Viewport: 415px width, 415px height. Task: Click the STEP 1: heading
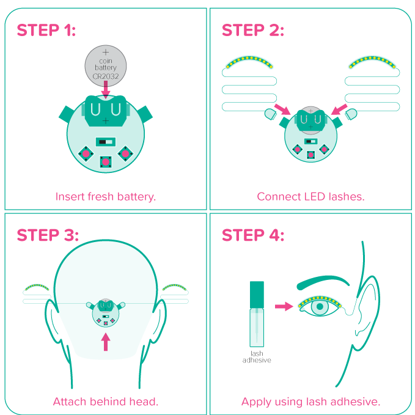pyautogui.click(x=46, y=30)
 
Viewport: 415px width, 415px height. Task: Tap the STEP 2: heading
pyautogui.click(x=253, y=30)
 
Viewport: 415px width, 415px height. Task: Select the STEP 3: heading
pyautogui.click(x=48, y=235)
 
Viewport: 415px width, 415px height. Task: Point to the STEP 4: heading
pyautogui.click(x=253, y=235)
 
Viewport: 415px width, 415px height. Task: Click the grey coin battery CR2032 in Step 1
pyautogui.click(x=106, y=66)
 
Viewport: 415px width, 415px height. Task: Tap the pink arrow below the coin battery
pyautogui.click(x=106, y=90)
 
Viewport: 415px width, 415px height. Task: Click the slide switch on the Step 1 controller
pyautogui.click(x=106, y=142)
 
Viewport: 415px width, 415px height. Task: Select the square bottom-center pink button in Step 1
pyautogui.click(x=106, y=162)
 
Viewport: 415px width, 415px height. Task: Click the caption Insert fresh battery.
pyautogui.click(x=106, y=197)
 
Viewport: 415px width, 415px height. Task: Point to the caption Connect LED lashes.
pyautogui.click(x=310, y=197)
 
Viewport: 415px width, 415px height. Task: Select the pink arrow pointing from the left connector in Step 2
pyautogui.click(x=282, y=109)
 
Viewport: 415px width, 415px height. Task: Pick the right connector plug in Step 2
pyautogui.click(x=351, y=114)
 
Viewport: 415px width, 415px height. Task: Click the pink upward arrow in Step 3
pyautogui.click(x=106, y=342)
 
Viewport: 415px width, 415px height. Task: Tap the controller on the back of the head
pyautogui.click(x=106, y=313)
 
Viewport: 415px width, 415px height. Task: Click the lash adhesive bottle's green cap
pyautogui.click(x=257, y=295)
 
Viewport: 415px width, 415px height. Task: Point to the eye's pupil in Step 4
pyautogui.click(x=320, y=306)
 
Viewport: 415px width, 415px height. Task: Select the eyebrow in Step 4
pyautogui.click(x=323, y=282)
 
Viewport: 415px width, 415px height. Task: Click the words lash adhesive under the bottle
pyautogui.click(x=257, y=357)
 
